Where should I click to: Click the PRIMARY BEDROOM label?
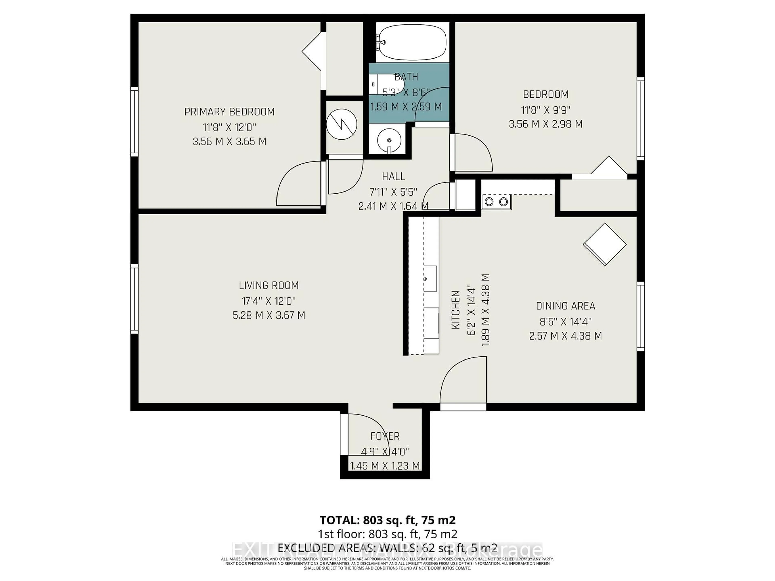pyautogui.click(x=229, y=112)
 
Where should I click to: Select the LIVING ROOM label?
pyautogui.click(x=269, y=285)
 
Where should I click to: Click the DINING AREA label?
pyautogui.click(x=566, y=306)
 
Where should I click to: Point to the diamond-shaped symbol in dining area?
pyautogui.click(x=605, y=244)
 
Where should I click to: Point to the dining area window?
pyautogui.click(x=640, y=316)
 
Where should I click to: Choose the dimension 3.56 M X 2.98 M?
pyautogui.click(x=546, y=124)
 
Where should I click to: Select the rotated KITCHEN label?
pyautogui.click(x=456, y=310)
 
